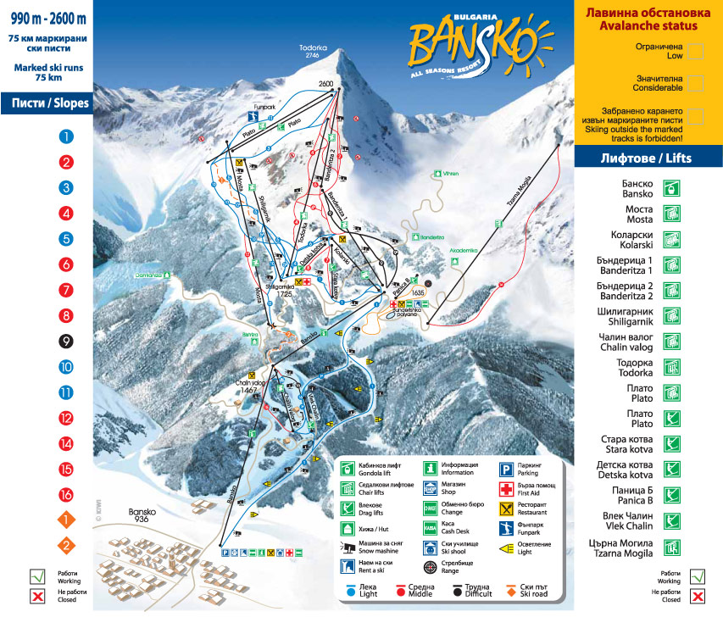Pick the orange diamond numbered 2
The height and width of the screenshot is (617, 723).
point(66,546)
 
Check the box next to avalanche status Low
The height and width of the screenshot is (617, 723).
point(695,51)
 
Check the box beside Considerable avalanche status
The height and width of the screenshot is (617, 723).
point(695,82)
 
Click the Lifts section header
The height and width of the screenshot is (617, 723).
point(648,158)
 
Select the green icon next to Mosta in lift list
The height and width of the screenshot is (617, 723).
point(672,213)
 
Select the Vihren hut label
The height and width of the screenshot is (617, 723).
point(450,174)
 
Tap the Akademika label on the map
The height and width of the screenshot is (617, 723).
point(464,251)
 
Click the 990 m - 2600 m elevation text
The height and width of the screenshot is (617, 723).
point(47,19)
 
